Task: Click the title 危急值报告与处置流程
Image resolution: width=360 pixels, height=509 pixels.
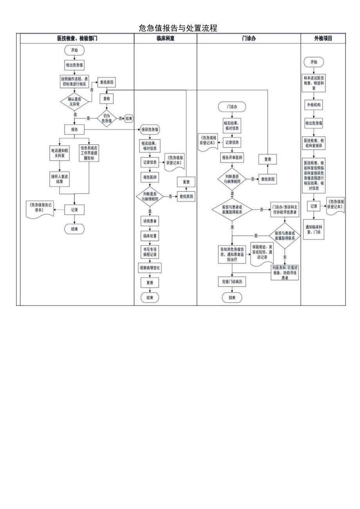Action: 178,28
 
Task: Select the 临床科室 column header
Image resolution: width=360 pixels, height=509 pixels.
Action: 165,38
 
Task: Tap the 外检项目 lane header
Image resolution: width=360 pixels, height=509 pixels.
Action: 323,38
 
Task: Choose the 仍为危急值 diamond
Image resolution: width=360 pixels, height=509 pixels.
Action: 106,118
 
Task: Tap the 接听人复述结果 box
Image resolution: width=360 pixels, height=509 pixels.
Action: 59,179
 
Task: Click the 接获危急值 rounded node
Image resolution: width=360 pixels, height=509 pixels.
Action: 150,129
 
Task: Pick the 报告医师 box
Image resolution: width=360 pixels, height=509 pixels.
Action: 150,177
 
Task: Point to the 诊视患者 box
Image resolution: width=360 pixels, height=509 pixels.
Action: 150,221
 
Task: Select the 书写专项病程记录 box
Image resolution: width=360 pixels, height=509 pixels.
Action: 150,251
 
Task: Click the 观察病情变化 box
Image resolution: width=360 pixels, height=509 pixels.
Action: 150,268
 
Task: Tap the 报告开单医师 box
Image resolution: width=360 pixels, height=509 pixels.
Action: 232,158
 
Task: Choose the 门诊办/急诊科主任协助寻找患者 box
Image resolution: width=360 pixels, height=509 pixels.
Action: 284,210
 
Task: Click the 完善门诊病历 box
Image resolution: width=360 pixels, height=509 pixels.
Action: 232,282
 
